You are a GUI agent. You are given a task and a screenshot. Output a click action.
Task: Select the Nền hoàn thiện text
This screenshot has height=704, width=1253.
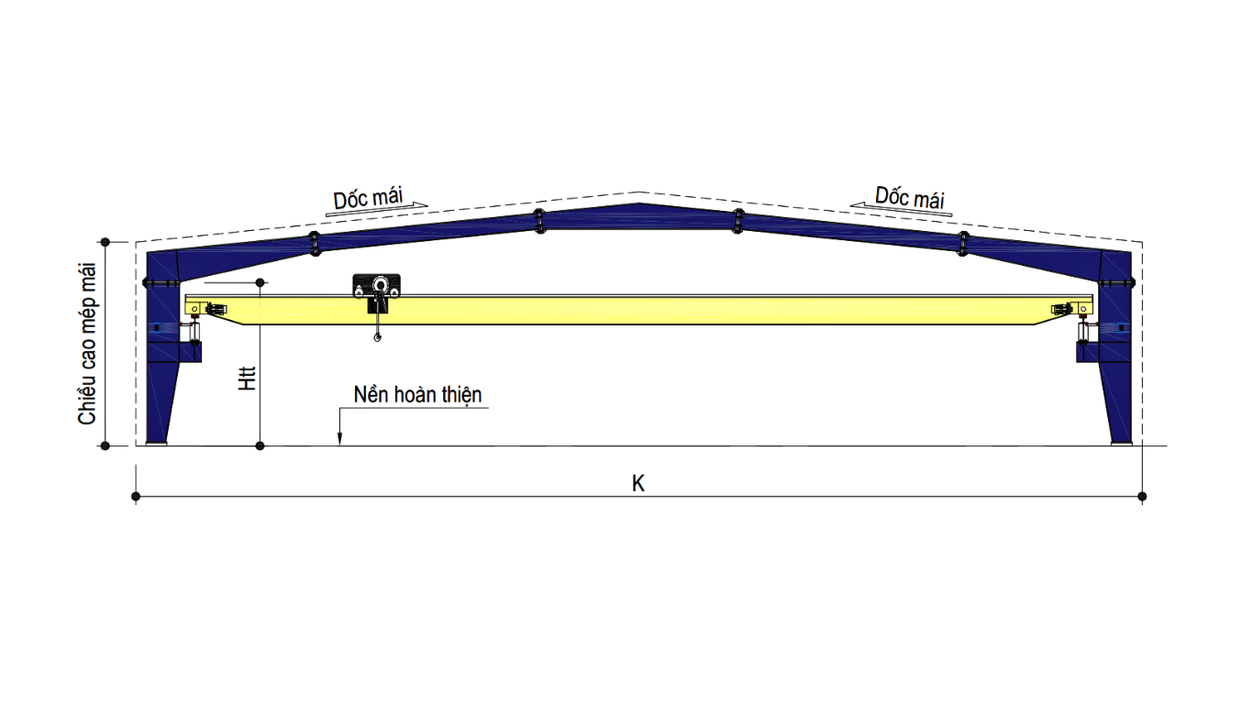(417, 395)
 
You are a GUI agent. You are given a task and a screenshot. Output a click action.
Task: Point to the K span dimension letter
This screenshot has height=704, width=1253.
(638, 484)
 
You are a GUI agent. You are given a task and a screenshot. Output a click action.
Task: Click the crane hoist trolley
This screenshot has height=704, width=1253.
(376, 287)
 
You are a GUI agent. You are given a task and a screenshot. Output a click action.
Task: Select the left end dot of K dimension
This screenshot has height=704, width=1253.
(136, 497)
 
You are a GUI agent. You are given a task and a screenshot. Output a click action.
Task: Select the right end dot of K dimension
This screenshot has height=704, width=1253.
(1142, 497)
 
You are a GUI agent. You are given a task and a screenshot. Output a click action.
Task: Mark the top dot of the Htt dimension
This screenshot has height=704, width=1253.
(261, 282)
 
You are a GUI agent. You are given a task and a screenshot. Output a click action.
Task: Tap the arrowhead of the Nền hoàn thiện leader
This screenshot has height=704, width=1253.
(339, 441)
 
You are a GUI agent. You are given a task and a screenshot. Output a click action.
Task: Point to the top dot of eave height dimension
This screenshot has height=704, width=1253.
(105, 242)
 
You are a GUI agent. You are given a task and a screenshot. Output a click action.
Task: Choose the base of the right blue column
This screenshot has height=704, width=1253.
(1121, 444)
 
